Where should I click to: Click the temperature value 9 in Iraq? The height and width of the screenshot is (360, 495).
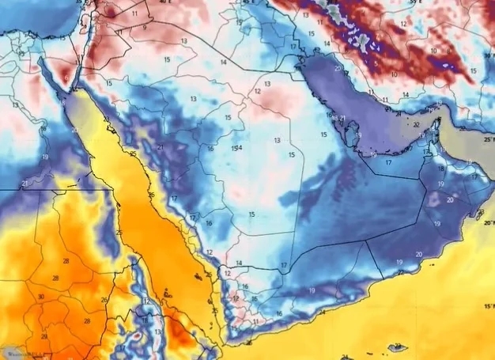pyautogui.click(x=144, y=28)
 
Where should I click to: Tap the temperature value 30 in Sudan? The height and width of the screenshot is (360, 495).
pyautogui.click(x=40, y=297)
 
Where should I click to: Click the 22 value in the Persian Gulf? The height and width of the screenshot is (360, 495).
pyautogui.click(x=416, y=125)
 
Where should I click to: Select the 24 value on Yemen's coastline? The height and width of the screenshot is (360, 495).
pyautogui.click(x=321, y=313)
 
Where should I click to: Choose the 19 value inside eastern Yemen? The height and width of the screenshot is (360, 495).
pyautogui.click(x=312, y=291)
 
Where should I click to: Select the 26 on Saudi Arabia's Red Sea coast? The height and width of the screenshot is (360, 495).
pyautogui.click(x=150, y=195)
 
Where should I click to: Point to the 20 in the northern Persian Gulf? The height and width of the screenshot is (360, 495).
pyautogui.click(x=338, y=68)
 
